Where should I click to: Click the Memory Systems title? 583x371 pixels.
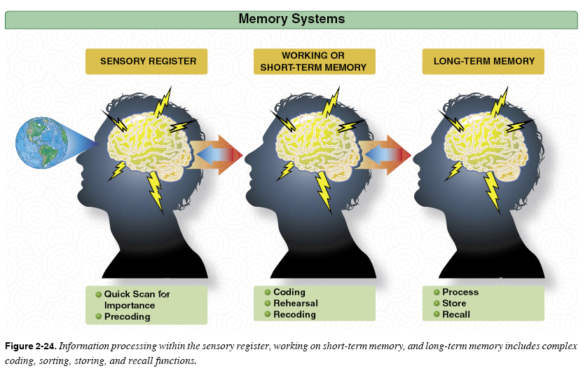[x=291, y=19]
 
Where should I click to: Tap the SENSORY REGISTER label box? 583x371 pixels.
[x=148, y=61]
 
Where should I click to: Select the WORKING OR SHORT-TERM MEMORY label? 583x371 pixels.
[x=313, y=61]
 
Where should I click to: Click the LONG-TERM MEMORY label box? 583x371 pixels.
[x=483, y=61]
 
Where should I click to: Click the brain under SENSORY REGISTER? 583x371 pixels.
[x=146, y=144]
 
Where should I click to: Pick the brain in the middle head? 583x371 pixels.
[x=315, y=144]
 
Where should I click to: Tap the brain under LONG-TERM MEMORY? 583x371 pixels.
[x=483, y=144]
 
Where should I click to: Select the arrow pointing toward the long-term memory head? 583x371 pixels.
[x=385, y=154]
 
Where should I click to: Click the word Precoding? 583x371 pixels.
[x=128, y=317]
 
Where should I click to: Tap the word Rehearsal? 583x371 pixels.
[x=295, y=304]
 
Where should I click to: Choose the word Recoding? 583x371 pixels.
[x=294, y=315]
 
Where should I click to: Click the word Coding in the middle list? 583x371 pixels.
[x=289, y=292]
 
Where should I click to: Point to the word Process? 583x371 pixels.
[x=460, y=292]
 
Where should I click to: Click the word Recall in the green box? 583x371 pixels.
[x=456, y=315]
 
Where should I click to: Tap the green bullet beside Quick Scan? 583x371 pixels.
[x=99, y=295]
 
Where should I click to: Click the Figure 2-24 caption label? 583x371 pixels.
[x=30, y=346]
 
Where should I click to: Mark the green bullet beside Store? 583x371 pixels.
[x=436, y=304]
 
